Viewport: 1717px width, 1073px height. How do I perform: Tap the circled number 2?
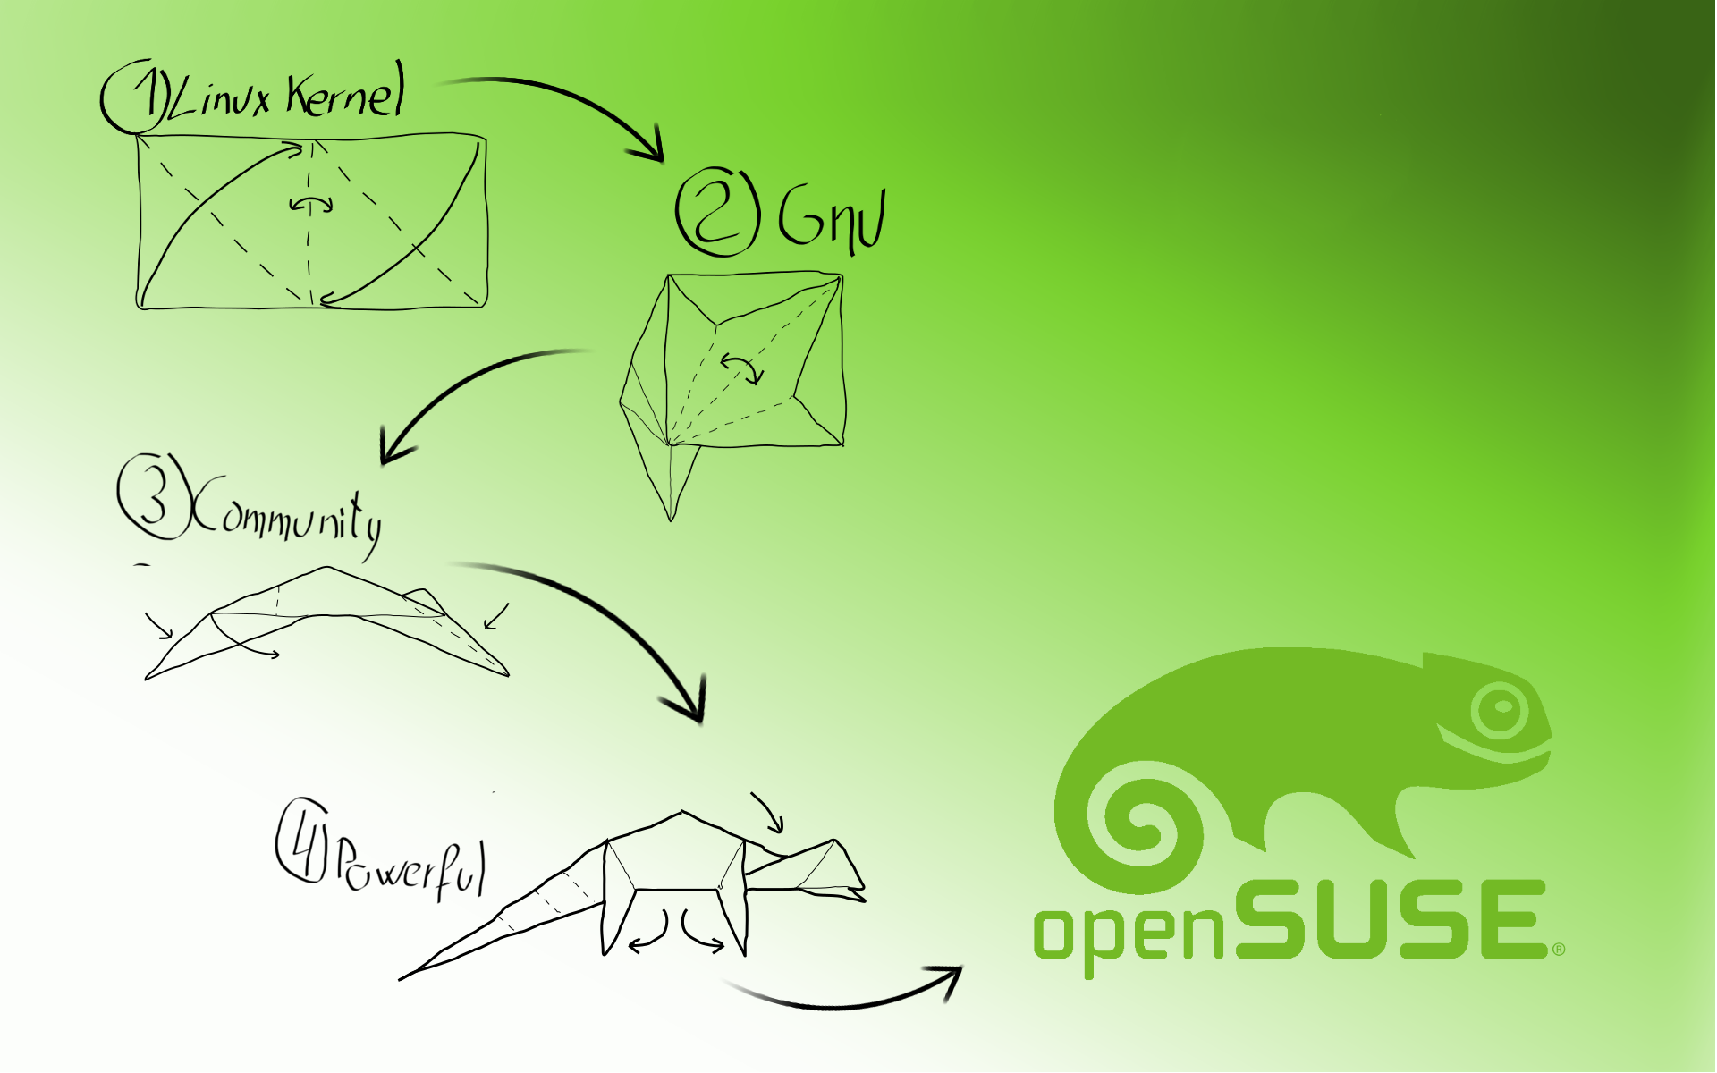[717, 212]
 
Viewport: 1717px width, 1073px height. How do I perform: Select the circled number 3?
[153, 497]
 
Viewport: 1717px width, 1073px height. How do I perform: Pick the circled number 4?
[301, 841]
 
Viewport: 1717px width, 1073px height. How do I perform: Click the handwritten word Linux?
[220, 97]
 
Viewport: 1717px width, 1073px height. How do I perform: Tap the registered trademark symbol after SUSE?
[1558, 949]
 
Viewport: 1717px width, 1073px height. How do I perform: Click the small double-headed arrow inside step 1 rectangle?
[311, 205]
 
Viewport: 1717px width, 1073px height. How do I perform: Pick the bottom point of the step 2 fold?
[672, 517]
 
